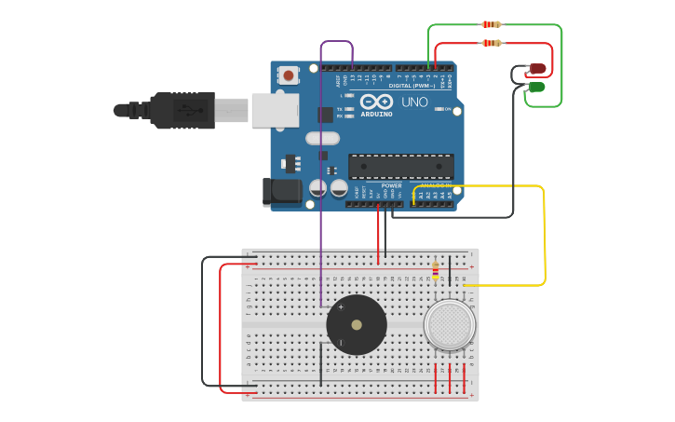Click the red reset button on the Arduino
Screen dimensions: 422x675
pos(289,75)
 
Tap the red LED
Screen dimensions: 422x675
pos(537,69)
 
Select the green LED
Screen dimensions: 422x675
pos(536,88)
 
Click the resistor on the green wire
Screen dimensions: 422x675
pos(491,24)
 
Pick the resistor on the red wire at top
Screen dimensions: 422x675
pos(491,43)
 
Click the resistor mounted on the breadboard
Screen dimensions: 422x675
pos(435,271)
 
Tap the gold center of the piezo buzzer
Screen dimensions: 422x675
pos(357,325)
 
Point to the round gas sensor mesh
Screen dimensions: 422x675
pos(450,324)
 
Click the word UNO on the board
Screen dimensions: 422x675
pos(414,102)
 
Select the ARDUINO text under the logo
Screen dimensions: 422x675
pos(376,115)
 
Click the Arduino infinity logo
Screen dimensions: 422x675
pos(376,101)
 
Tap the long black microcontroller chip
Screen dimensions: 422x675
pos(401,167)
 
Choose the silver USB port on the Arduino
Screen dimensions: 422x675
pos(275,110)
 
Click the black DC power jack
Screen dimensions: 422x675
pos(282,192)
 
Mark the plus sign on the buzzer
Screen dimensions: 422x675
pos(341,306)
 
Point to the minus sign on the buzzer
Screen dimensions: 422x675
pos(341,343)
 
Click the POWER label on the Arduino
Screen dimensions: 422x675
pos(391,185)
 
